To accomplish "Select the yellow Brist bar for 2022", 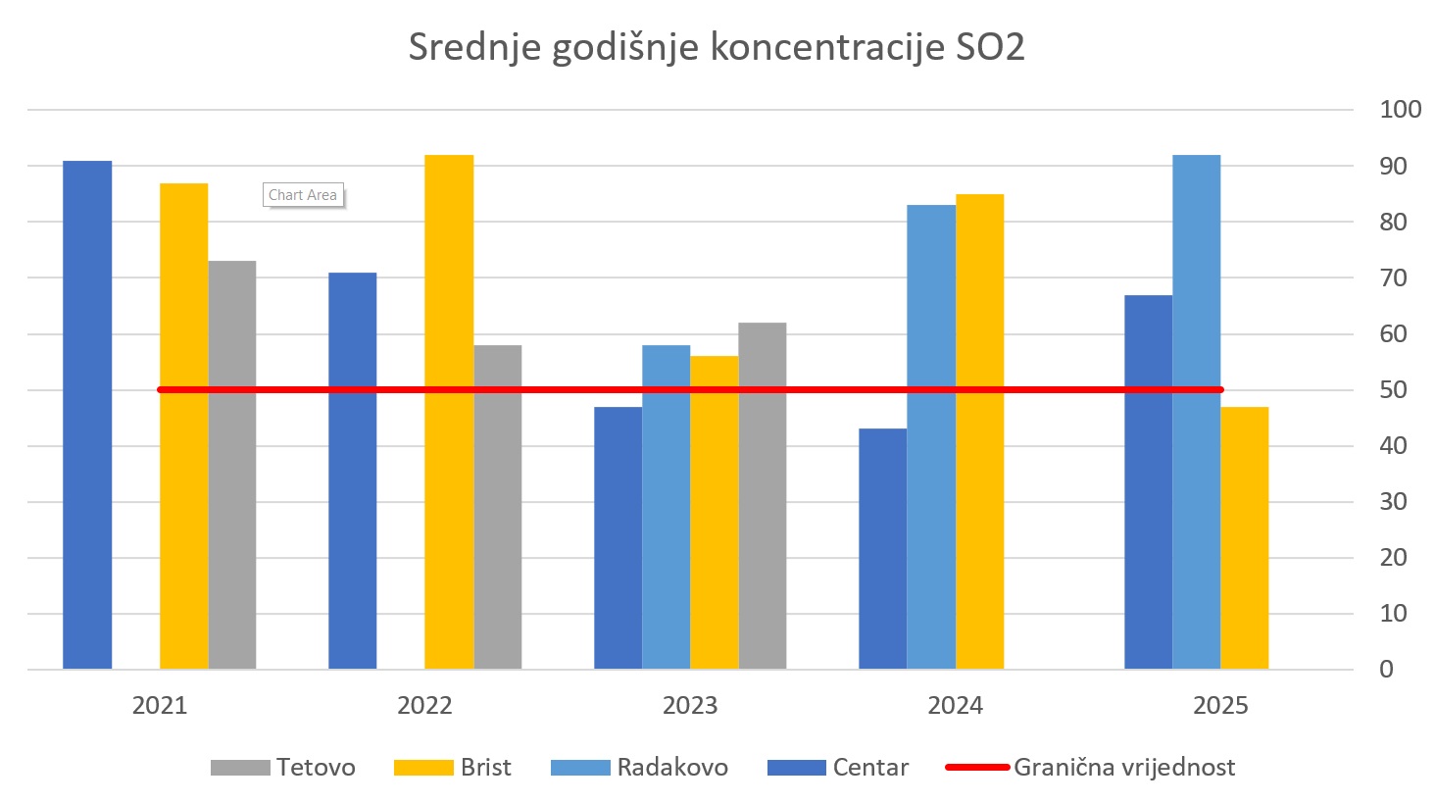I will (x=449, y=412).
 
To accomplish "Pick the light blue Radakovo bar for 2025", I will (x=1196, y=412).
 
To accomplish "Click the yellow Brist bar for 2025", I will (x=1245, y=538).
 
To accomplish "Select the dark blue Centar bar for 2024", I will (x=882, y=549).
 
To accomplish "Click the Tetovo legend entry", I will (x=283, y=768).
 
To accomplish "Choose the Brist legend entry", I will (x=453, y=768).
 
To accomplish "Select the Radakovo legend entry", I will (x=640, y=768).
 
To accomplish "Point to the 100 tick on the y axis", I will (x=1400, y=110).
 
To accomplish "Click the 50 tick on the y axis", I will (x=1393, y=390).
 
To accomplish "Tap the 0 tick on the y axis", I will (x=1386, y=670).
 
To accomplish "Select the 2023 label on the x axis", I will (x=690, y=706).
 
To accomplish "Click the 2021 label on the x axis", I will (x=160, y=706).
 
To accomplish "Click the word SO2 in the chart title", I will (x=990, y=47).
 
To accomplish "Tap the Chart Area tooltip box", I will (x=303, y=195).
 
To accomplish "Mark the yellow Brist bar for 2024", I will (x=979, y=431).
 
